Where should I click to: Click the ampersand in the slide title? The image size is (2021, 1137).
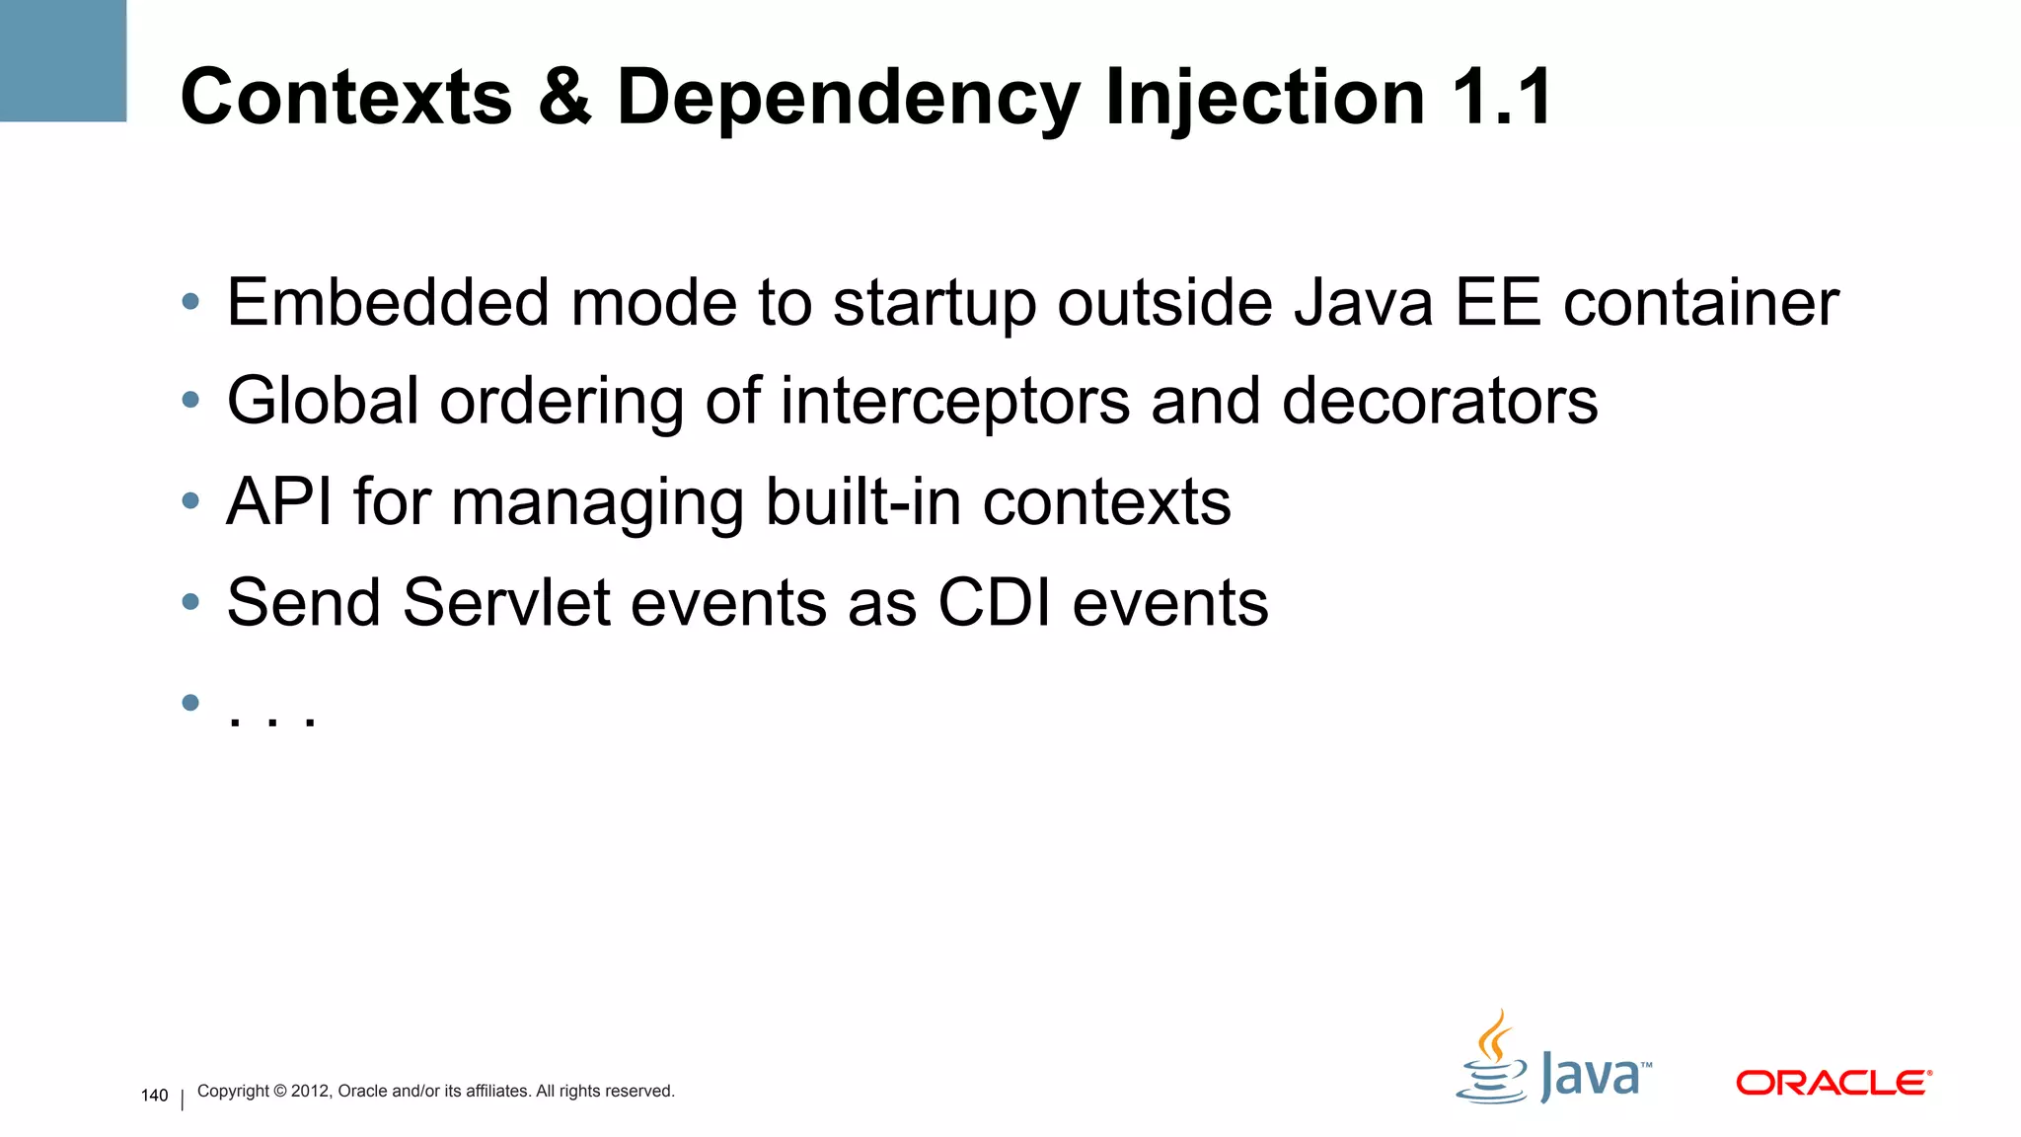(564, 97)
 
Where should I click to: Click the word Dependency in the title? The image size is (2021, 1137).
(848, 99)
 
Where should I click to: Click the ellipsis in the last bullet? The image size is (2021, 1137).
(271, 717)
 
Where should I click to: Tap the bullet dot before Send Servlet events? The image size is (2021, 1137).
(190, 601)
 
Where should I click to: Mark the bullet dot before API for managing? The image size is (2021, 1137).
(190, 500)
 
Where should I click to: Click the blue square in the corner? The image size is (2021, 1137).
(63, 60)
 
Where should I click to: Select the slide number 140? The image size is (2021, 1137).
(155, 1096)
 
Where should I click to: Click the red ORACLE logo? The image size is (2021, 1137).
(1833, 1083)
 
